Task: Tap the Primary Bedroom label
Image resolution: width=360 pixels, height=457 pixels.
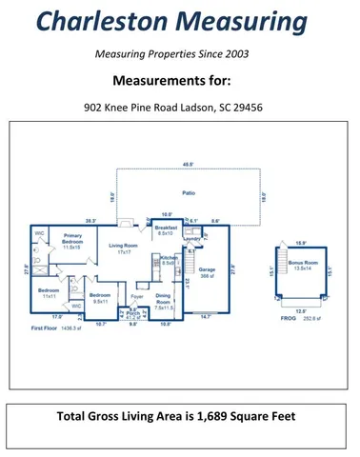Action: tap(71, 240)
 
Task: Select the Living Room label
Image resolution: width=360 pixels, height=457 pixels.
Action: tap(119, 249)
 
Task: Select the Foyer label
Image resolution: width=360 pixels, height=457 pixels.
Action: tap(136, 297)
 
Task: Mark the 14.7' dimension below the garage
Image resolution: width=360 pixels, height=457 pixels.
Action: tap(205, 316)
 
